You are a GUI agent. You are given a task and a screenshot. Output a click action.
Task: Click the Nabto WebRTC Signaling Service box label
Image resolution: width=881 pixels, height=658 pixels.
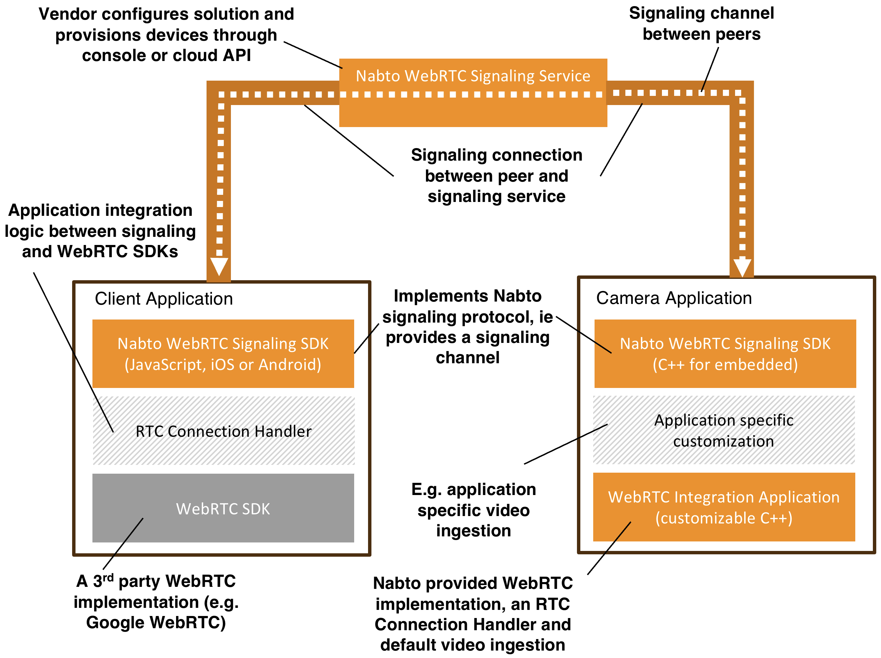click(x=473, y=76)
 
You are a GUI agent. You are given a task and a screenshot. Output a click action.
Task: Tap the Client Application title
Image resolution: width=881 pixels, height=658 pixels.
click(x=164, y=299)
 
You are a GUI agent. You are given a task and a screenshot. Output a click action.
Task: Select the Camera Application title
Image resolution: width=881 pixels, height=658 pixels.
click(x=674, y=298)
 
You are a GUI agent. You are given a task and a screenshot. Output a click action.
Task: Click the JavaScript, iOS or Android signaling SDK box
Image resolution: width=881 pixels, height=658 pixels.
click(x=223, y=354)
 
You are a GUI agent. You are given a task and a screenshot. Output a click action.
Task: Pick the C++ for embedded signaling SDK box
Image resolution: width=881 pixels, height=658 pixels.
click(x=725, y=354)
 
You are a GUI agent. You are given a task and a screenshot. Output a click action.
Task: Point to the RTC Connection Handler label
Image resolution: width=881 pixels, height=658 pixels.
click(x=223, y=431)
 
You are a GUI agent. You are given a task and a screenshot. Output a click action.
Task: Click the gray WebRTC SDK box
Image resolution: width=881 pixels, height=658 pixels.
click(x=223, y=508)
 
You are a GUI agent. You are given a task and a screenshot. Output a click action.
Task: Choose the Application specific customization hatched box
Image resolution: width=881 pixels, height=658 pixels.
click(x=724, y=431)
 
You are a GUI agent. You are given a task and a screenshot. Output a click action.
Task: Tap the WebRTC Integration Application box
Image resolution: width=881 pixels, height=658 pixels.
click(x=724, y=507)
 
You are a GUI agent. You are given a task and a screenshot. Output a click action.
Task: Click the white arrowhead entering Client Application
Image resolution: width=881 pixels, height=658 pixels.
click(x=219, y=266)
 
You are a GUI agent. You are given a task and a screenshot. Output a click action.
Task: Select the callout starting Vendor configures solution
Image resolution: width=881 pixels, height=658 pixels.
click(x=166, y=35)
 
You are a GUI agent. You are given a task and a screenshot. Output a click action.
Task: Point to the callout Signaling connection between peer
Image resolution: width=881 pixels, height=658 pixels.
click(x=496, y=176)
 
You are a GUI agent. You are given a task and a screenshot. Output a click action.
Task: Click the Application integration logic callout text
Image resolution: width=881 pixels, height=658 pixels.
click(x=100, y=231)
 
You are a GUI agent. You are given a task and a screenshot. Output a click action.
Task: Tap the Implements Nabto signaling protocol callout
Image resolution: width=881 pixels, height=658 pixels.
click(x=468, y=327)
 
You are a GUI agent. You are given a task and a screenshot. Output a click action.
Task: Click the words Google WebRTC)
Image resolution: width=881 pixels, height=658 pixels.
click(x=156, y=622)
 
